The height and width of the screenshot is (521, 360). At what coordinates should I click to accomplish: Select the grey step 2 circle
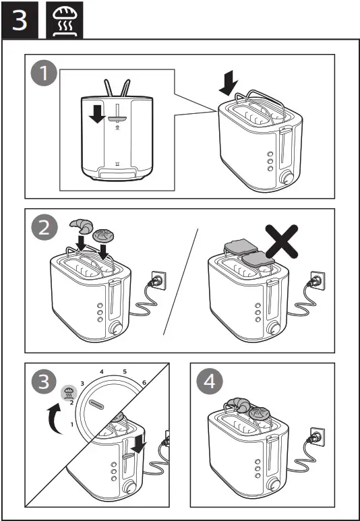[x=44, y=228]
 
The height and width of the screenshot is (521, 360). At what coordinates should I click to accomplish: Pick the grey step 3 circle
[x=43, y=383]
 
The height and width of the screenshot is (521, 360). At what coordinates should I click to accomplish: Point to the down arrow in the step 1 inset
[x=97, y=113]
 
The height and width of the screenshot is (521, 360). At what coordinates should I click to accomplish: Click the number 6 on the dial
[x=144, y=382]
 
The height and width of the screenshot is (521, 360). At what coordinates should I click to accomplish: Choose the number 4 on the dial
[x=101, y=371]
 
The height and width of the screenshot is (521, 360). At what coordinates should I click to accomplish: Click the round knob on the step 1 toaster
[x=287, y=178]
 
